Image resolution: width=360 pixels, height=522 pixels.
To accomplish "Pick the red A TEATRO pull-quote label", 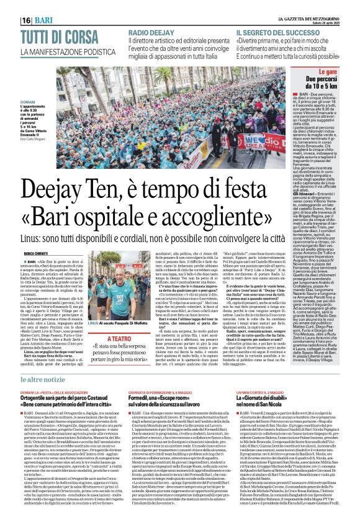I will [124, 322].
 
